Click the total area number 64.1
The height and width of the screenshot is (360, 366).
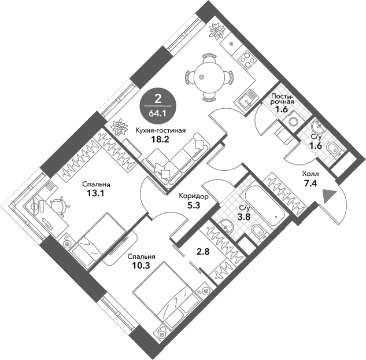[158, 113]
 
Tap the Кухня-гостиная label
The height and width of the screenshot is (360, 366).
[161, 130]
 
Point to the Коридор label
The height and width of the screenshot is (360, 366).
[194, 196]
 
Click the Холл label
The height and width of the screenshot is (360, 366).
[310, 174]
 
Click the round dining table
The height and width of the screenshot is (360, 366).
[209, 78]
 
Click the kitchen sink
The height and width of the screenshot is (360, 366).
[248, 100]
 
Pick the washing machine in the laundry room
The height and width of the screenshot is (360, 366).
[293, 121]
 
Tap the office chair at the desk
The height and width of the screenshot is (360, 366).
[60, 205]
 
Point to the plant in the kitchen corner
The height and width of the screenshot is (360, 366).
[217, 31]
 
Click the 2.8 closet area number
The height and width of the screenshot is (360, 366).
[204, 252]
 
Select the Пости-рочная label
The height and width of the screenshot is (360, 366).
[282, 99]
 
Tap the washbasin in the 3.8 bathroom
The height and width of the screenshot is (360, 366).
[225, 226]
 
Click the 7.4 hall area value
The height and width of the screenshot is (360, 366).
[310, 183]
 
